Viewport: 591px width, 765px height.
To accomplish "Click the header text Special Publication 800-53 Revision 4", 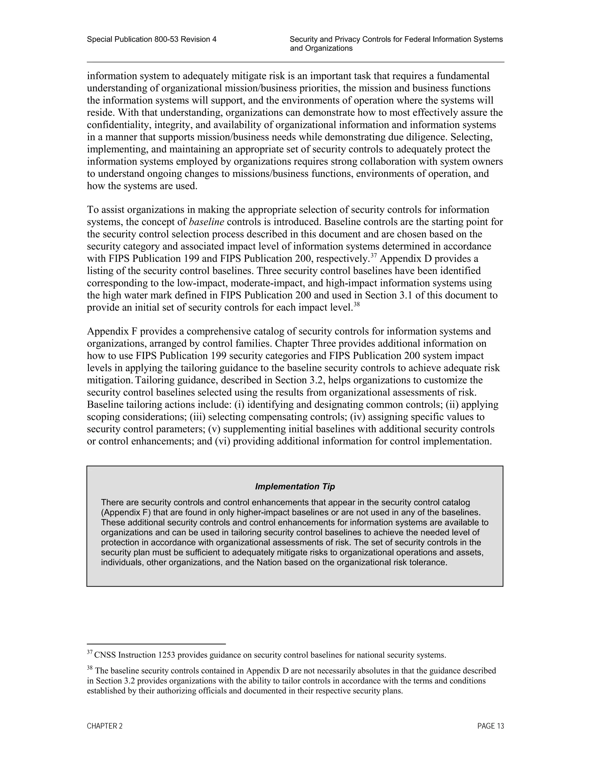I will click(152, 40).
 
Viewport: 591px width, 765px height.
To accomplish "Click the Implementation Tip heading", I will click(295, 486).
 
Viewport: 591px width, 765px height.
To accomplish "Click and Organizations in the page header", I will click(321, 48).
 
